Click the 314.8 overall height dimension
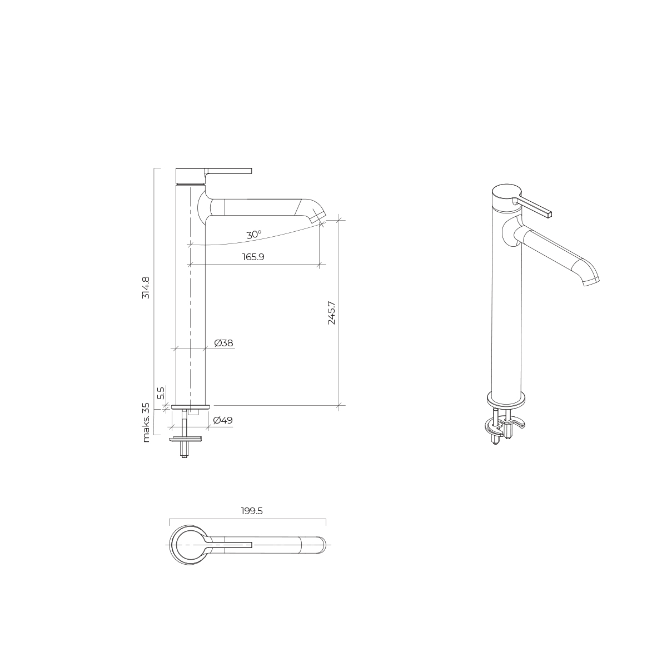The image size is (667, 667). (146, 287)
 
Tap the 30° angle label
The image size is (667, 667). (254, 235)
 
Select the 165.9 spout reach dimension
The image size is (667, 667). (253, 257)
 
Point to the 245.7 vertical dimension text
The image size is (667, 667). (331, 313)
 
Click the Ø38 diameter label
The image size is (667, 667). (223, 343)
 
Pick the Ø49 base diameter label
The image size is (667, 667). (223, 420)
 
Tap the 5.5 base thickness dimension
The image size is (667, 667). (161, 393)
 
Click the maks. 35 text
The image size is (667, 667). (146, 422)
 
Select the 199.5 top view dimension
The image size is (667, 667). (252, 511)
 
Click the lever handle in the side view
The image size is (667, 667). (228, 171)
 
